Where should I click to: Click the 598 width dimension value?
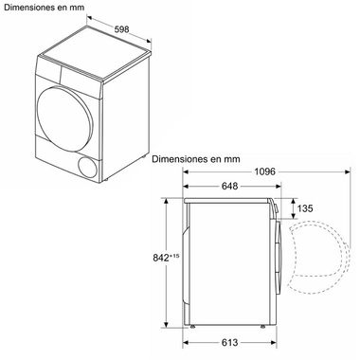click(x=122, y=29)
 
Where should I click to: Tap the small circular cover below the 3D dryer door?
click(x=87, y=167)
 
